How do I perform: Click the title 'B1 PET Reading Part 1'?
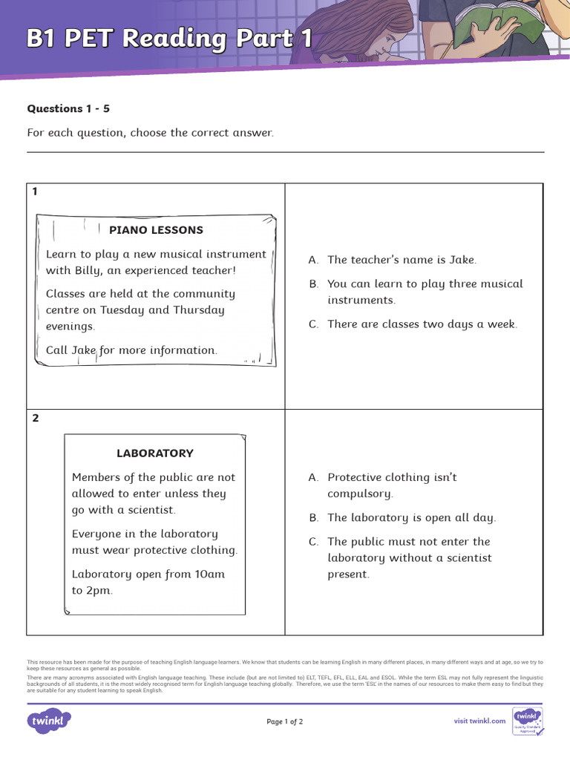click(169, 39)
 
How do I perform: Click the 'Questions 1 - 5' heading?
click(68, 108)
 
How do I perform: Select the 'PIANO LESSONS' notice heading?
click(156, 230)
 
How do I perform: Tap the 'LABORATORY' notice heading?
click(154, 453)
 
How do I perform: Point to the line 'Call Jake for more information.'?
click(131, 350)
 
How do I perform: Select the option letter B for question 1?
click(313, 284)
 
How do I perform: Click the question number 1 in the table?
click(35, 191)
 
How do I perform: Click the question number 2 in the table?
click(36, 419)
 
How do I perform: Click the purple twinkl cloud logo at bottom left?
click(49, 721)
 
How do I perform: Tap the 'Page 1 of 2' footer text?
click(284, 721)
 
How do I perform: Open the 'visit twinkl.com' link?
click(479, 721)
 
